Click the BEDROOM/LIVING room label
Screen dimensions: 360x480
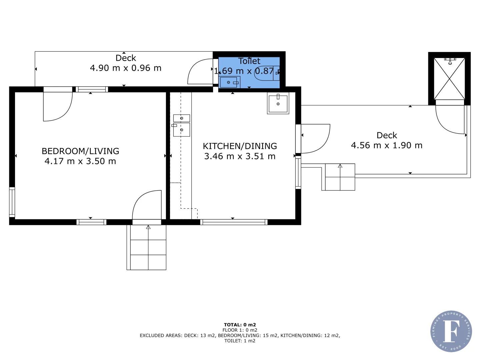point(80,151)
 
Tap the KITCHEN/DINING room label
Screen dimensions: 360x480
point(240,146)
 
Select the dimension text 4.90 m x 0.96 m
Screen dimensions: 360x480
point(126,68)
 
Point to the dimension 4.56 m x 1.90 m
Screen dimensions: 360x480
point(387,145)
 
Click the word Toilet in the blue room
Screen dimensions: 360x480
point(249,61)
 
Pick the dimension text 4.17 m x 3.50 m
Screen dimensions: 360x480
point(80,161)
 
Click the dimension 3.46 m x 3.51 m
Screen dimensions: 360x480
point(240,156)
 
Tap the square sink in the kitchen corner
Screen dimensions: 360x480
point(278,103)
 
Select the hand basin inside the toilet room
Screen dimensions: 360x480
point(229,82)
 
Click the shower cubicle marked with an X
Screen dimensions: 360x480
point(449,79)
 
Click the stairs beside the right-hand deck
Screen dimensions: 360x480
point(340,177)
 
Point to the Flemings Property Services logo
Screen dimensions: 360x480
point(451,331)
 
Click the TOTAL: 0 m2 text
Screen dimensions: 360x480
point(240,325)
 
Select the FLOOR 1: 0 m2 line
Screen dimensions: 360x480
point(240,330)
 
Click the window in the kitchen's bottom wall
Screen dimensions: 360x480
point(234,222)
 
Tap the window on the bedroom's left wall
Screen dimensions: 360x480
point(12,202)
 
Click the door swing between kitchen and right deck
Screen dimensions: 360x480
point(315,138)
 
